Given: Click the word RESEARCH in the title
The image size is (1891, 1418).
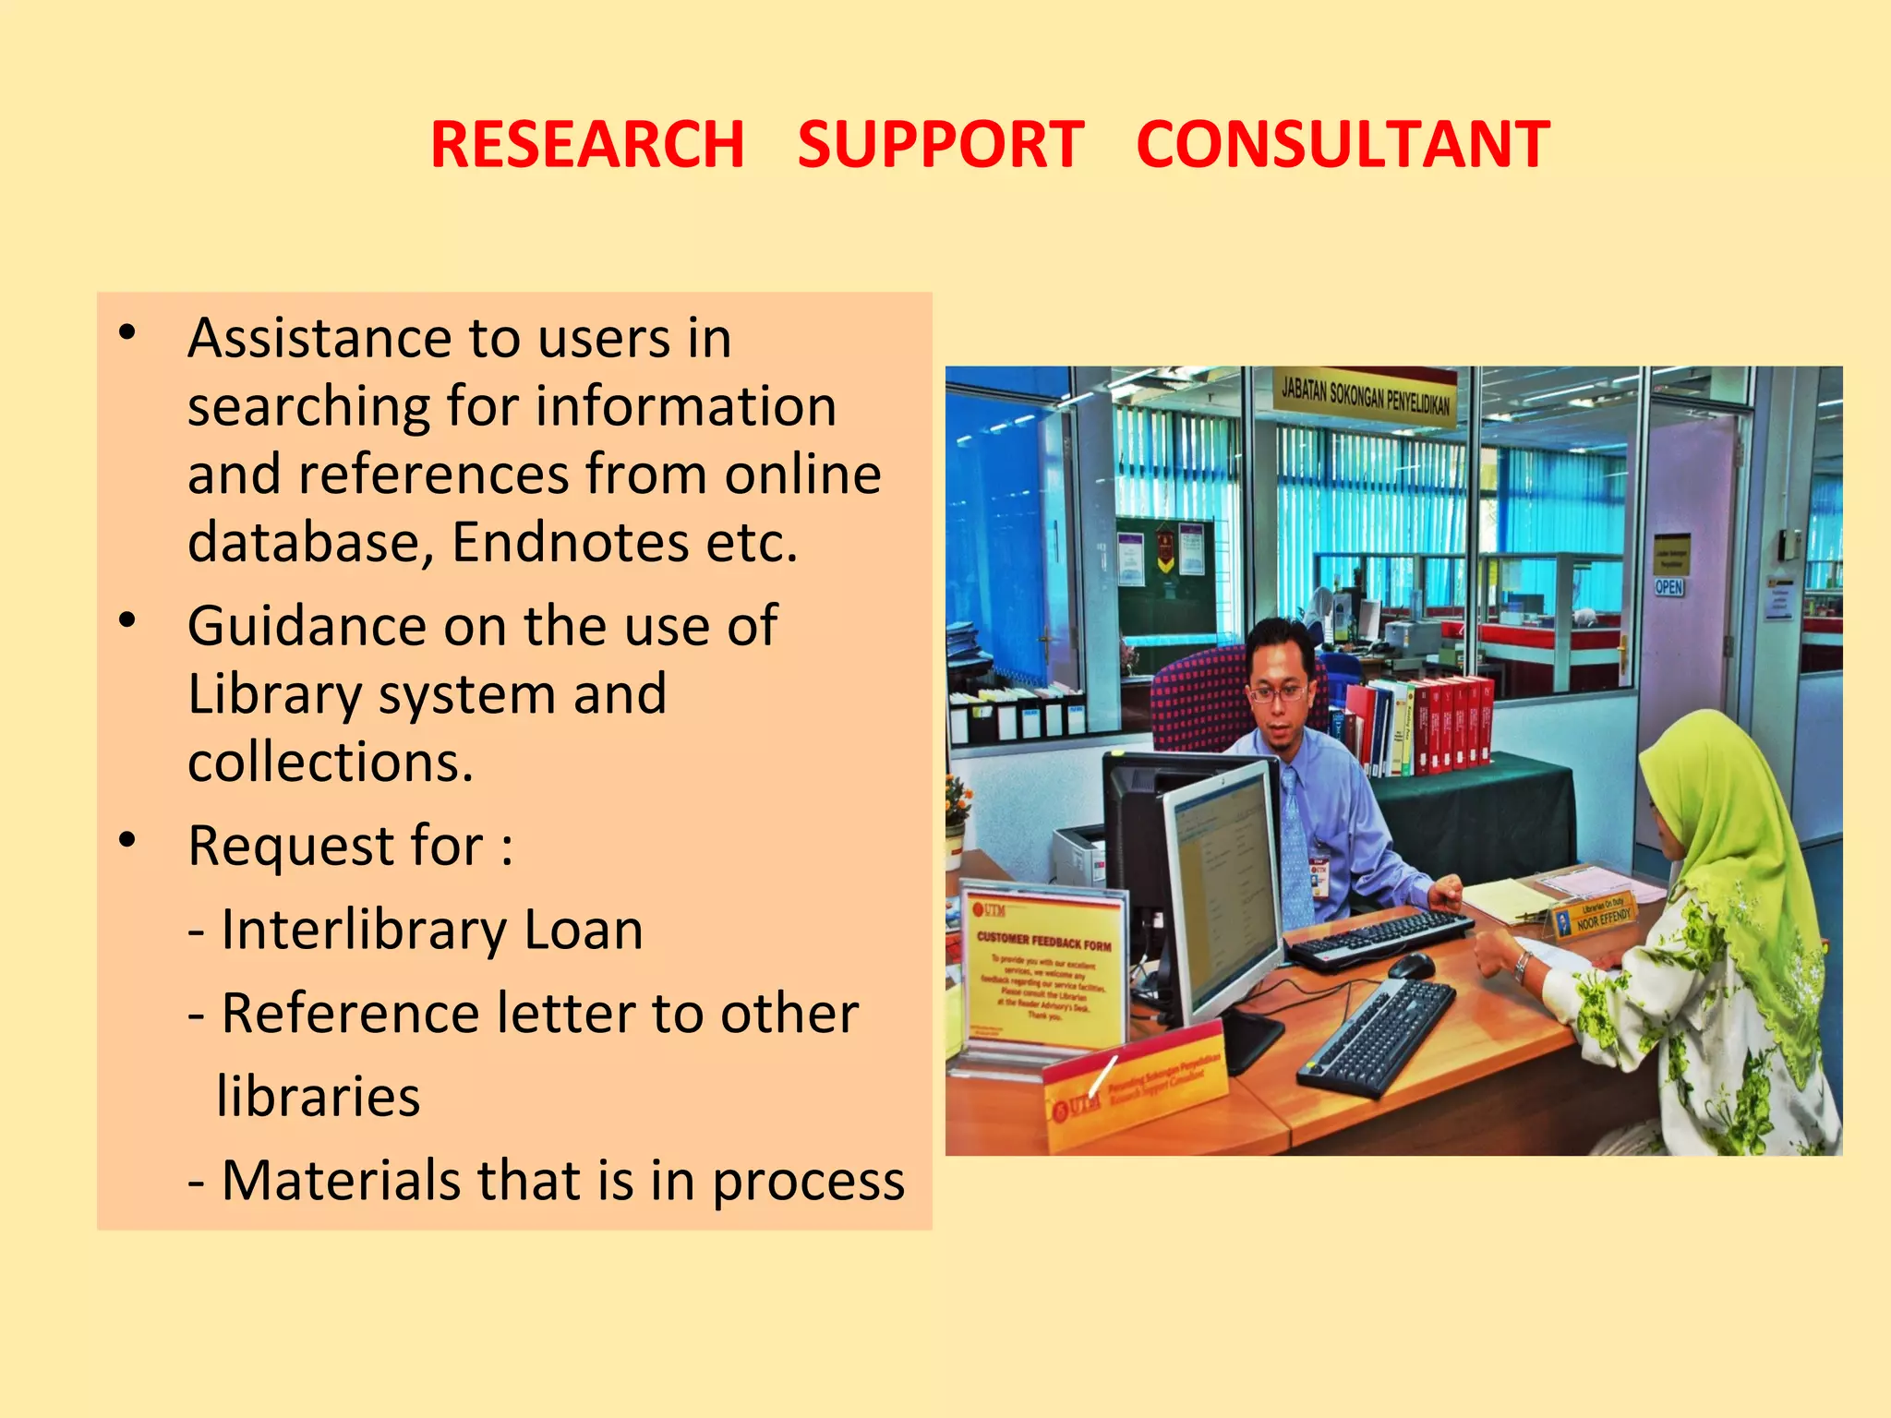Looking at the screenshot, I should [587, 145].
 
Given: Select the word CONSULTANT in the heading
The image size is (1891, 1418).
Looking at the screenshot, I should [1343, 145].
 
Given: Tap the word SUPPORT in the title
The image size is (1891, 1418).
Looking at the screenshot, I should [940, 145].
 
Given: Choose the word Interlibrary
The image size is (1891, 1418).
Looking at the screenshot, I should [364, 930].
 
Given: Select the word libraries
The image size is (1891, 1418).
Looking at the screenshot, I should [319, 1097].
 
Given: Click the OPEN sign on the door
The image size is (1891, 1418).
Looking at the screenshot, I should [1668, 587].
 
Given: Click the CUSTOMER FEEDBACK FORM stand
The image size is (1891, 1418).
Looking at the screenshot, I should [1043, 969].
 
